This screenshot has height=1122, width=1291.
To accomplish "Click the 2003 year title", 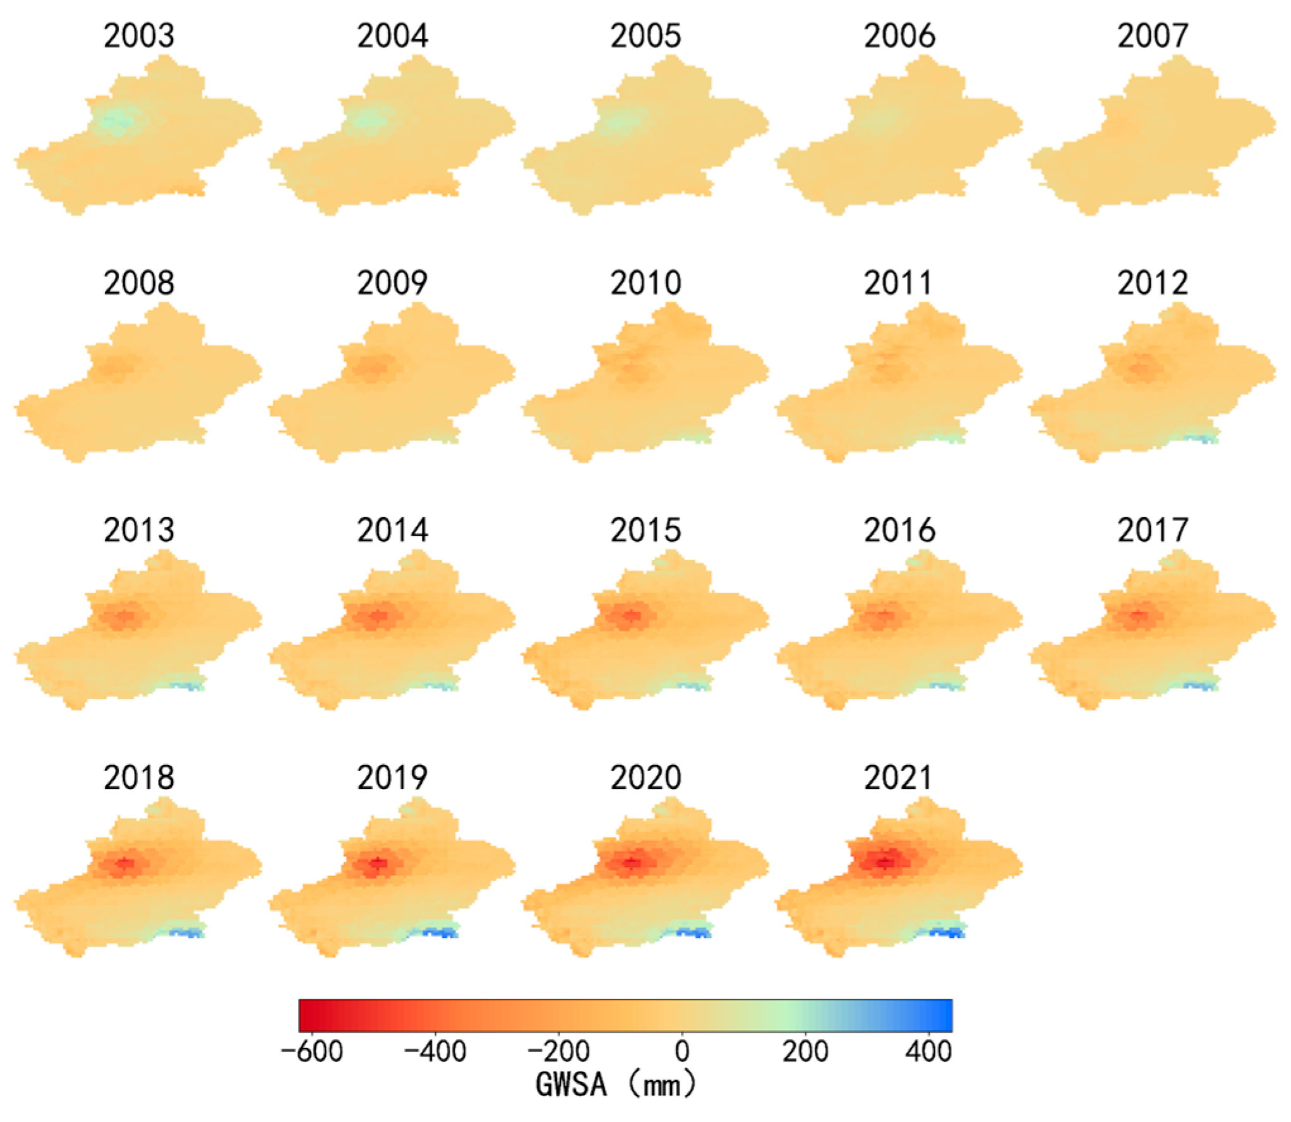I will tap(139, 36).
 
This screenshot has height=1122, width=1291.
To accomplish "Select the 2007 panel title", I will tap(1153, 36).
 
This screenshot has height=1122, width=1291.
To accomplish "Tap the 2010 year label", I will tap(645, 283).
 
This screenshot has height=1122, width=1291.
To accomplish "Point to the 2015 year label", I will tap(645, 530).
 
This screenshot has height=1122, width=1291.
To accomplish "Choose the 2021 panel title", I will tap(898, 777).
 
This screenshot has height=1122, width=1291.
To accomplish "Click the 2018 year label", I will tap(139, 777).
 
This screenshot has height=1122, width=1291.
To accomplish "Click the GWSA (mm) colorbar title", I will tap(616, 1085).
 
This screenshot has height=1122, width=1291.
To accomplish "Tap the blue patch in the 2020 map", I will tap(695, 932).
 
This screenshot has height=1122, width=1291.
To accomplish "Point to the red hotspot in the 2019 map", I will tap(377, 863).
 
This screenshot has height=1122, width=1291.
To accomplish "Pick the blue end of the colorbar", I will tap(944, 1015).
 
